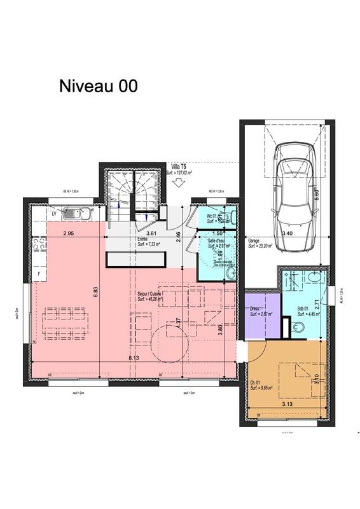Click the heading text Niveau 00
98,87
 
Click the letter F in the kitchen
39,274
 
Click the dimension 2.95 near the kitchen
70,234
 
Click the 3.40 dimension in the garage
287,234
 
